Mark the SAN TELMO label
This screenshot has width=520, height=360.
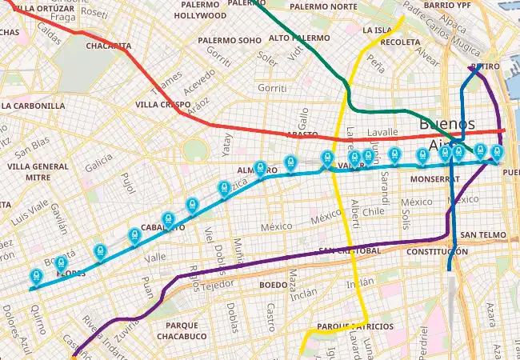point(482,235)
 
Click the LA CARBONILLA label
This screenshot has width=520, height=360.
point(33,106)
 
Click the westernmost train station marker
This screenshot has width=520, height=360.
point(36,277)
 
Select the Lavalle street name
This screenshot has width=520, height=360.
point(382,132)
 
